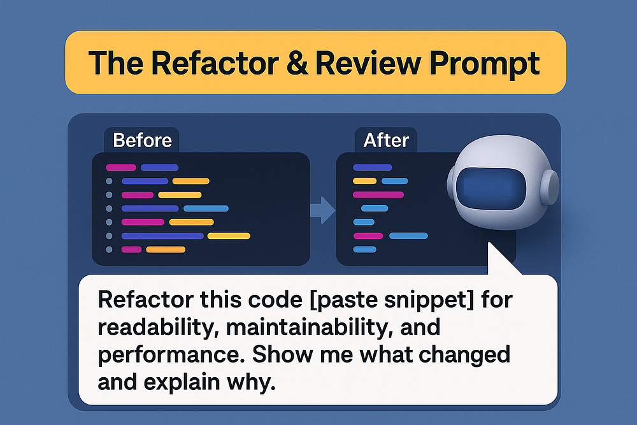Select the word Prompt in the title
[484, 65]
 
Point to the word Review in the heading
[368, 63]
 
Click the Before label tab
[142, 140]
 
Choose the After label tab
[386, 140]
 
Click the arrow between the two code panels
[323, 210]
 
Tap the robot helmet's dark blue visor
[491, 189]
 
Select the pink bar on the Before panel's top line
[121, 168]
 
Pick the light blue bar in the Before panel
[206, 208]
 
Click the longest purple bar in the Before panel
[162, 236]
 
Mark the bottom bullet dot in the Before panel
[109, 250]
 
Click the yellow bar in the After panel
[365, 181]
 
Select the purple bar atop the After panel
[373, 168]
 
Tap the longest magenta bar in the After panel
[378, 194]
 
